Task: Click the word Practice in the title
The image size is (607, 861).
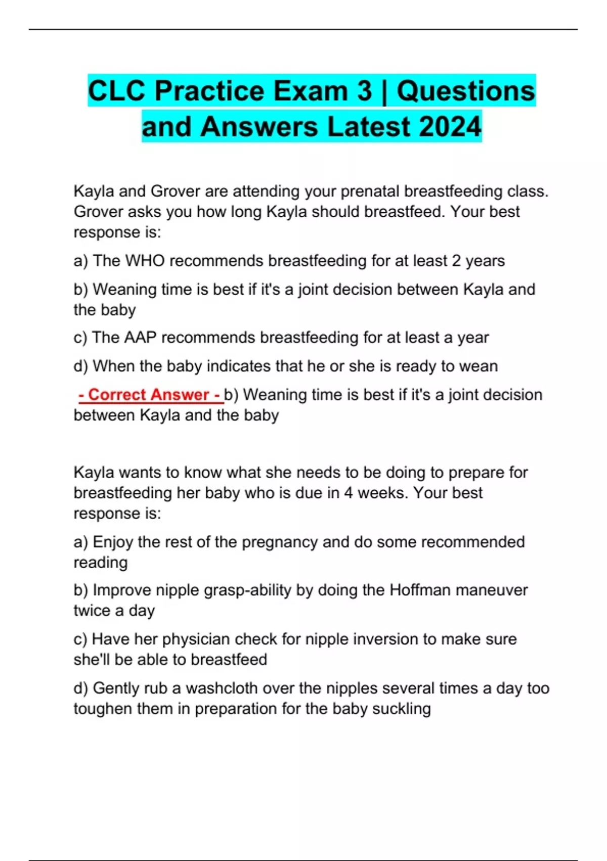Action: point(208,92)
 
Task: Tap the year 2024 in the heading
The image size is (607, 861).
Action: point(450,127)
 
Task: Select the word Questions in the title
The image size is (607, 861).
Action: point(465,92)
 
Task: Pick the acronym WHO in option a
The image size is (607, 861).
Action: point(145,261)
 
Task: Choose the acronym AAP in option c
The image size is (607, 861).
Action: point(139,337)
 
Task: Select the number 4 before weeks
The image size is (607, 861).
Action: point(348,493)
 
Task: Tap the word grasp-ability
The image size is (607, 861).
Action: point(247,591)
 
